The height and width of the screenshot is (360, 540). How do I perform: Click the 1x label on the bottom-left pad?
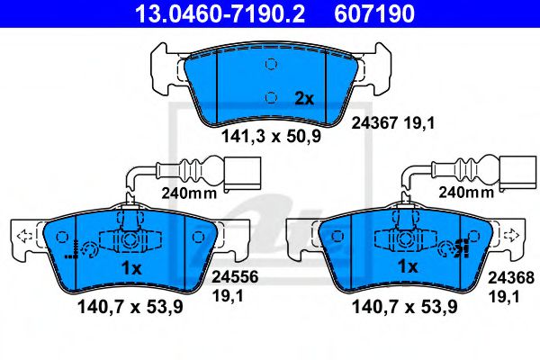(x=131, y=268)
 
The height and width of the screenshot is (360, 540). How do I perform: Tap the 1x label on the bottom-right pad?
(x=408, y=268)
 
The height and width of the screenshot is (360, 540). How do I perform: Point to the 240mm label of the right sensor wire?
(x=464, y=192)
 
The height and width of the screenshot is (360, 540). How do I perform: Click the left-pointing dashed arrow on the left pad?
(x=23, y=237)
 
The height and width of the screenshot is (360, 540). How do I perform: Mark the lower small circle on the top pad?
(x=270, y=96)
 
